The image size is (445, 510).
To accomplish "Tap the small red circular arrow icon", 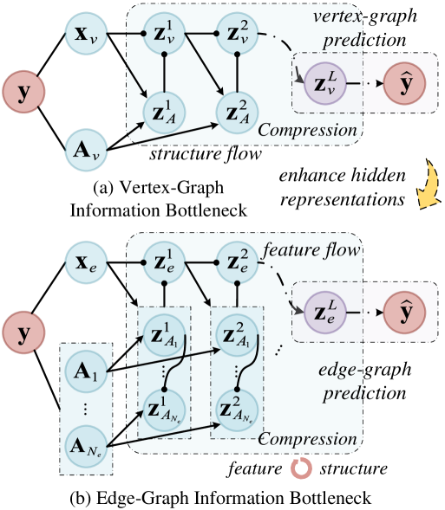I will click(303, 468).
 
